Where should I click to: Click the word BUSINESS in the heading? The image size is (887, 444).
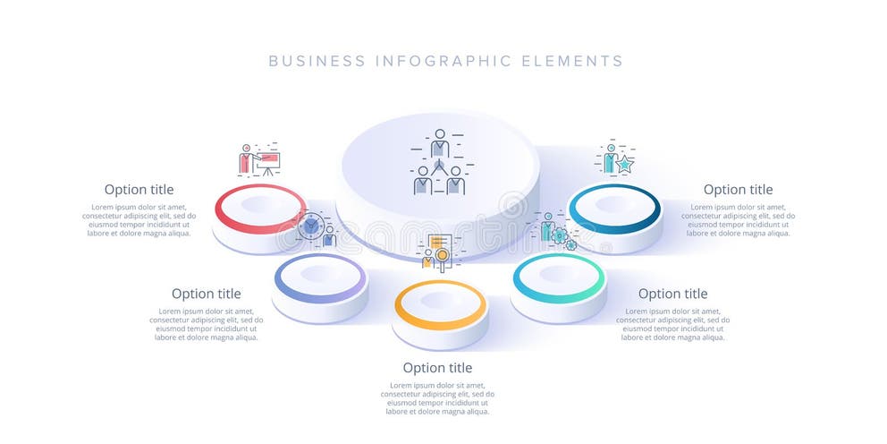tap(317, 62)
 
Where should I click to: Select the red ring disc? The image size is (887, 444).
tap(260, 208)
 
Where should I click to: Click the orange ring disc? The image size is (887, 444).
tap(440, 304)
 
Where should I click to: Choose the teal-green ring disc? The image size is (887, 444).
tap(559, 277)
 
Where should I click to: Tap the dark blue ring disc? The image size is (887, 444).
tap(615, 209)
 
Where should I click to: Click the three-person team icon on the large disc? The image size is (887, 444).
tap(439, 163)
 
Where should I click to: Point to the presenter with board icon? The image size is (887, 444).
tap(258, 160)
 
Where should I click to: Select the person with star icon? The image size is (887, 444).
tap(615, 159)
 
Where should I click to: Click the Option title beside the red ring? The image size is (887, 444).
tap(139, 190)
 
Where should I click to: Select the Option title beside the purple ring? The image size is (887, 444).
tap(206, 294)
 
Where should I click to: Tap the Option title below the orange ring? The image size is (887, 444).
tap(437, 368)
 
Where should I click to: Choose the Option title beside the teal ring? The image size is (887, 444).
tap(672, 294)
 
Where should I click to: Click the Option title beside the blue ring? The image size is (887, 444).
tap(738, 190)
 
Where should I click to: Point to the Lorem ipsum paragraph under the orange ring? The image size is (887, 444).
tap(437, 398)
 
